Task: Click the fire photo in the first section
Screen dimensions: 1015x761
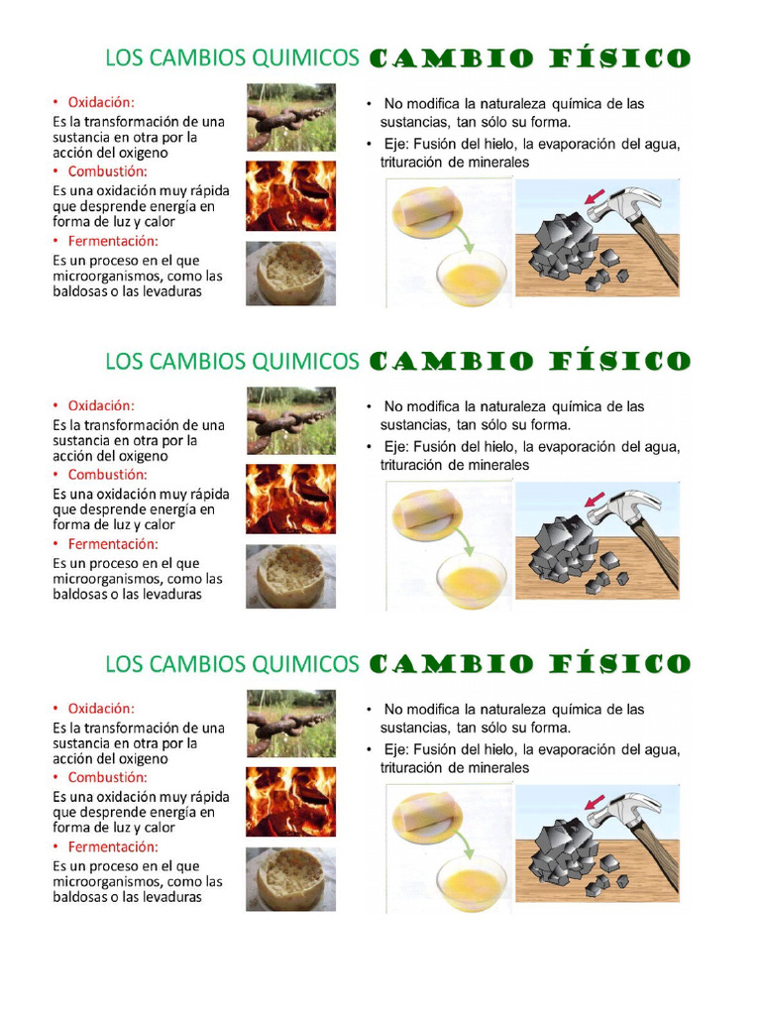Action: pyautogui.click(x=290, y=196)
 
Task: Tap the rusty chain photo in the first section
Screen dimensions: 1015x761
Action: pyautogui.click(x=290, y=118)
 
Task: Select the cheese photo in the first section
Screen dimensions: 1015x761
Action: pyautogui.click(x=290, y=274)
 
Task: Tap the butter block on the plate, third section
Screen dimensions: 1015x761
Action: pyautogui.click(x=427, y=814)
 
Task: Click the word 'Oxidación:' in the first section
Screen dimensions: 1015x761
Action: pyautogui.click(x=101, y=102)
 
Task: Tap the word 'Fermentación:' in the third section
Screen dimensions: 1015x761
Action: pyautogui.click(x=113, y=846)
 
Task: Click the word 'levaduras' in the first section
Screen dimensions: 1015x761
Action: pyautogui.click(x=170, y=291)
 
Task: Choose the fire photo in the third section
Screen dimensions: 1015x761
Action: pyautogui.click(x=290, y=801)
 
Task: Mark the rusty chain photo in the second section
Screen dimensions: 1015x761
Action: pyautogui.click(x=290, y=420)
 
